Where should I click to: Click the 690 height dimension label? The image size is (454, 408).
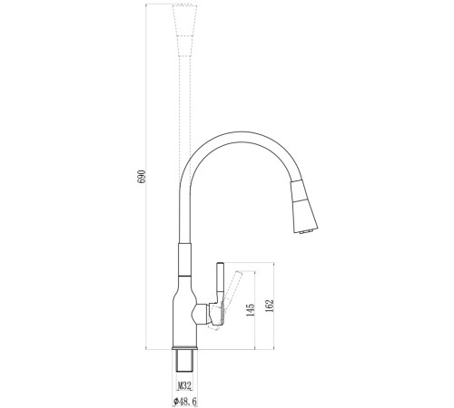(142, 177)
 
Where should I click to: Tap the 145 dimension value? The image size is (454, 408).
(251, 310)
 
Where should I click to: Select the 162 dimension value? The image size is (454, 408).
(270, 306)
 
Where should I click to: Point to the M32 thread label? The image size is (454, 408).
(184, 386)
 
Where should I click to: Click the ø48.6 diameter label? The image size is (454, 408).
(185, 402)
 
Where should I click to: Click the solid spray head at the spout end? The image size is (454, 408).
(303, 207)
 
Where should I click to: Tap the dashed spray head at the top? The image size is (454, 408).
(185, 31)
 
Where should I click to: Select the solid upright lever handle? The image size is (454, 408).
(220, 283)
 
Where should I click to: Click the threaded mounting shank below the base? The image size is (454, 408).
(184, 361)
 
